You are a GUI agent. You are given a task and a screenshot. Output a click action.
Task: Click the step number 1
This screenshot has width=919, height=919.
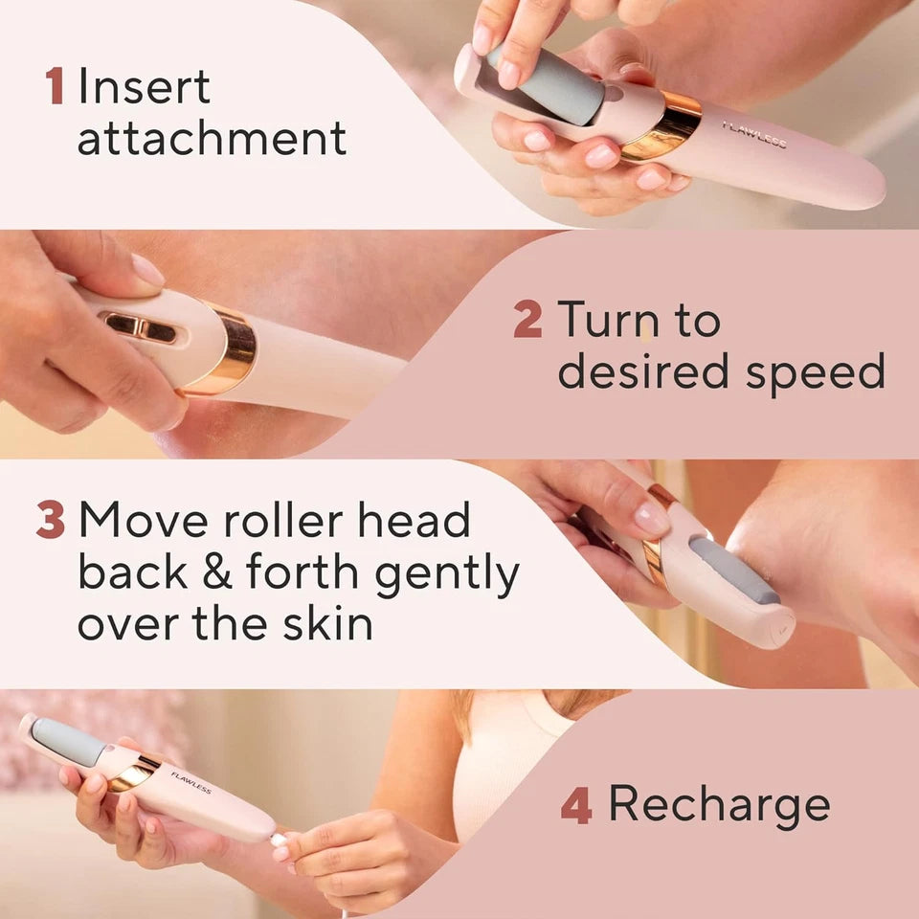click(x=55, y=86)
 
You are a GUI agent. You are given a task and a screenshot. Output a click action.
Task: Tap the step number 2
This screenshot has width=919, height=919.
click(x=527, y=320)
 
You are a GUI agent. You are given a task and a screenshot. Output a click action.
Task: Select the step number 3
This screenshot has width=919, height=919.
click(x=50, y=520)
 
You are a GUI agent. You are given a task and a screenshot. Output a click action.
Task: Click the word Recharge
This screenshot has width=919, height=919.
click(x=719, y=804)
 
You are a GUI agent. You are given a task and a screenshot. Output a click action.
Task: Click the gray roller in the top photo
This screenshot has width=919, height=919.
click(x=542, y=84)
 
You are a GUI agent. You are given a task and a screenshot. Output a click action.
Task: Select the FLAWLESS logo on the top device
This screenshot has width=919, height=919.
click(x=753, y=135)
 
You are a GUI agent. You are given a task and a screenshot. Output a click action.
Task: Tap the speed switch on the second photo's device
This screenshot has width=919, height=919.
click(x=141, y=326)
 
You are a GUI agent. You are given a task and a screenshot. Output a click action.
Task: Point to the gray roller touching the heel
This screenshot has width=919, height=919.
click(x=733, y=570)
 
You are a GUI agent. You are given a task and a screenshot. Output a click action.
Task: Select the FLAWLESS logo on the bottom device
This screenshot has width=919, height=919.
click(x=191, y=781)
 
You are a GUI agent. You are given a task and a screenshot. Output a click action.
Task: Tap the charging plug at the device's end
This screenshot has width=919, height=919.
click(x=279, y=840)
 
